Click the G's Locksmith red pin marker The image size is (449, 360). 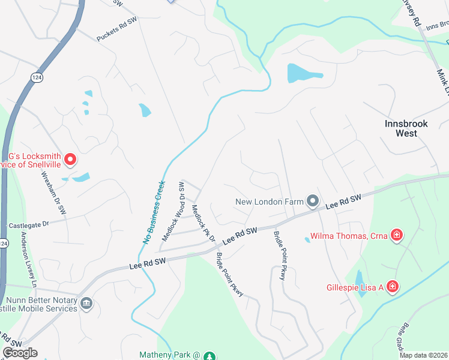(70, 159)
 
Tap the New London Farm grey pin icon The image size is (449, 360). (312, 201)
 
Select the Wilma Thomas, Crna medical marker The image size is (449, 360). (396, 235)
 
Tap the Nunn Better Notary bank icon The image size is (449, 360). (86, 304)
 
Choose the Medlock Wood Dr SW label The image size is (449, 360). (174, 211)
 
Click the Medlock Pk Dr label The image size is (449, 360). (203, 223)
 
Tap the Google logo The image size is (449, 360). (20, 353)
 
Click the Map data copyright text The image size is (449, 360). (423, 355)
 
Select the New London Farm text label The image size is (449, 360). (270, 202)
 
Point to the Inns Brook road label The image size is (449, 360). (436, 25)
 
